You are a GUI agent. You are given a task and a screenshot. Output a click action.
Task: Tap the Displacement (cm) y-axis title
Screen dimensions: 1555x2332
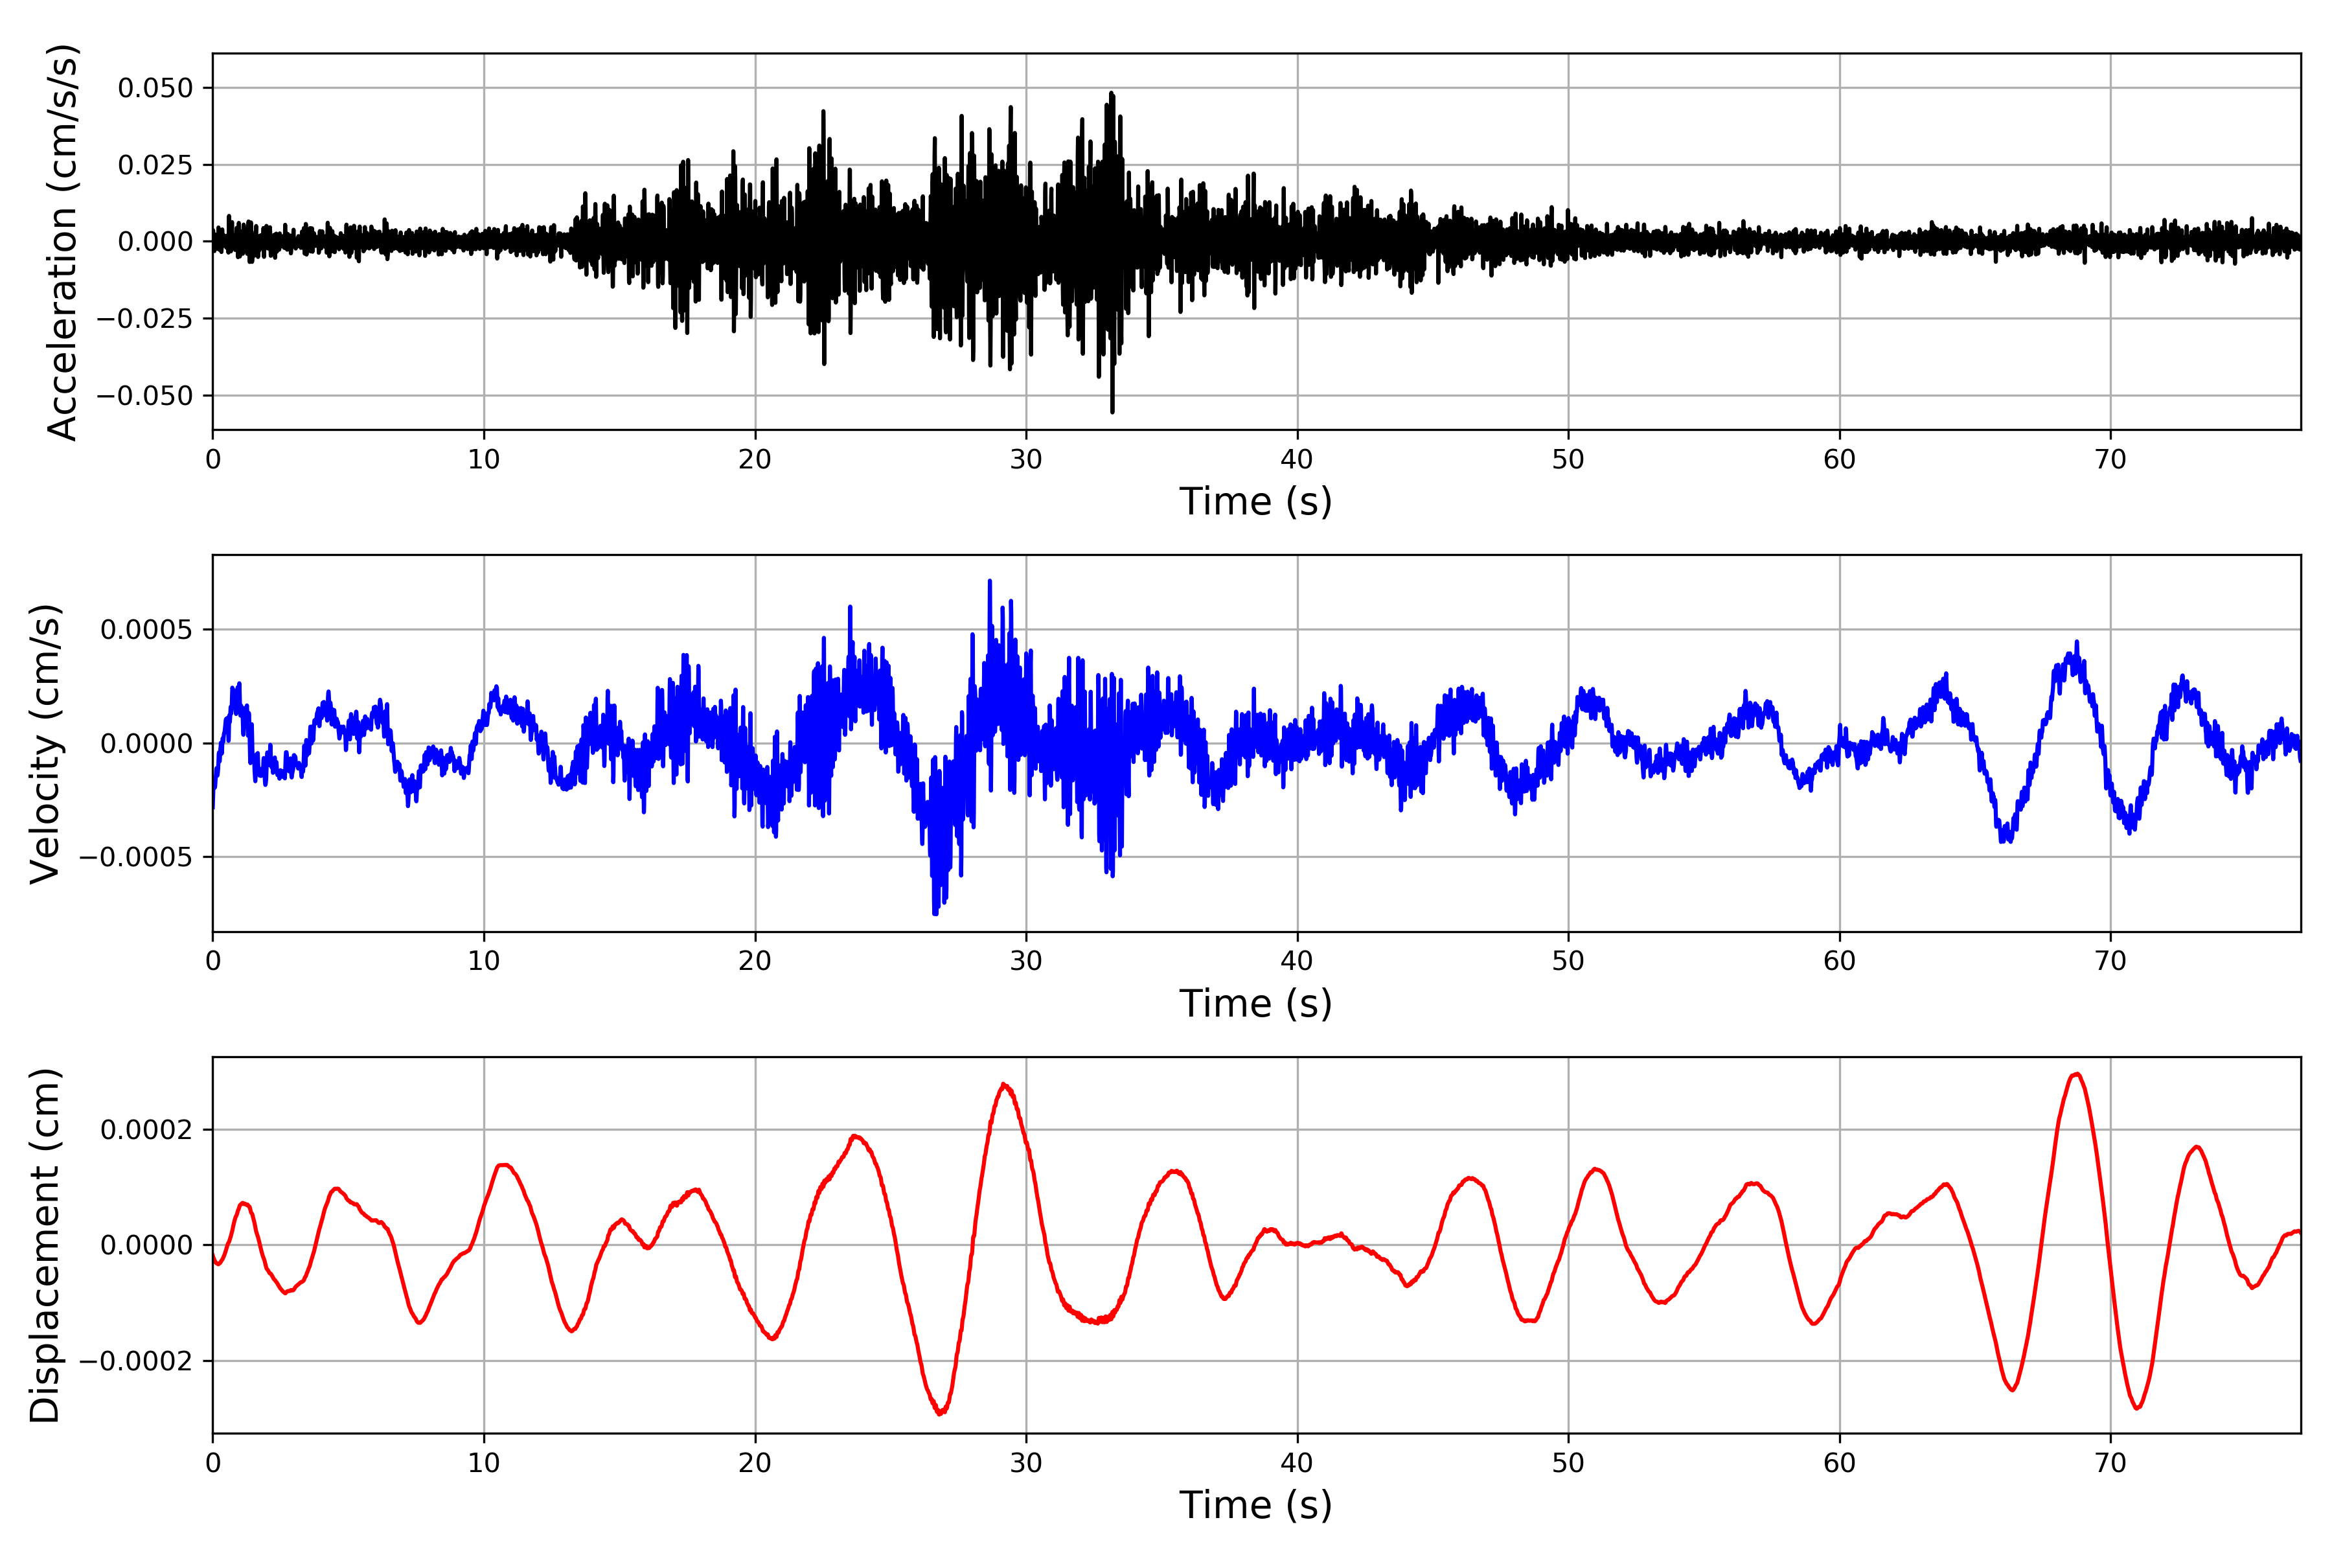(x=45, y=1245)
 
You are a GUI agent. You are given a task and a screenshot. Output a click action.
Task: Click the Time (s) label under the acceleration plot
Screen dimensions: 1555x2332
(x=1255, y=501)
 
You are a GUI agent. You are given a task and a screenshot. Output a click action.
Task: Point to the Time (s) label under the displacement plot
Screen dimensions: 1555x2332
(x=1255, y=1505)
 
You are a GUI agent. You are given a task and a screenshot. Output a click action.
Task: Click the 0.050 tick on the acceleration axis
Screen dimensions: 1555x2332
(x=155, y=88)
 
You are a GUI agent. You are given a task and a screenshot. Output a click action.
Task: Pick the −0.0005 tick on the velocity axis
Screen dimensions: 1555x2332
(x=137, y=857)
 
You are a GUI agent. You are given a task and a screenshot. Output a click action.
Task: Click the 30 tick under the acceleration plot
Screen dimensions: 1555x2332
(x=1026, y=460)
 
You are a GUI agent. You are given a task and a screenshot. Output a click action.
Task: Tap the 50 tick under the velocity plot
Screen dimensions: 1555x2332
(x=1568, y=961)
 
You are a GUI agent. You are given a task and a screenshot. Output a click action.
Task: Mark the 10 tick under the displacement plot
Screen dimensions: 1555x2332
(x=484, y=1463)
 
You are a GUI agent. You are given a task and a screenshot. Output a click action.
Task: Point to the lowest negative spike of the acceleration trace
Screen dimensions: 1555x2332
(x=1112, y=411)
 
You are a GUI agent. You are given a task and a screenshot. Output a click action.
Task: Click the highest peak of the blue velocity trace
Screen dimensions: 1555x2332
(x=990, y=581)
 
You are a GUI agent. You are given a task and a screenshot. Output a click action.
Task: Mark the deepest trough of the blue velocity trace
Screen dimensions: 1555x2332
(x=935, y=914)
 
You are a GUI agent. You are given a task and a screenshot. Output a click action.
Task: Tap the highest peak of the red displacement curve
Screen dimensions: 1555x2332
(x=2076, y=1074)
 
